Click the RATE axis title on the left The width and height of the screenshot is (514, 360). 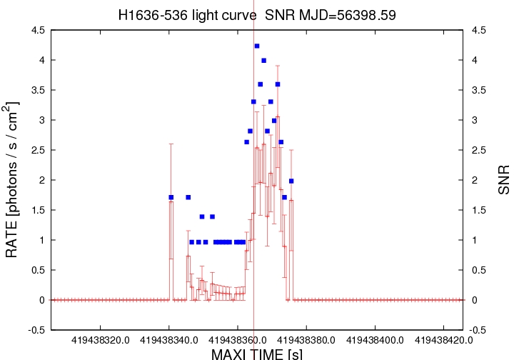13,179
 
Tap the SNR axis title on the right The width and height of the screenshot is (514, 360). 504,180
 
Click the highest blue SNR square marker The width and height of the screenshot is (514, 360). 257,46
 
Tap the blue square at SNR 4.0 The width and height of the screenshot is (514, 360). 263,61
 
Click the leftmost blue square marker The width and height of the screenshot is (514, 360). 171,197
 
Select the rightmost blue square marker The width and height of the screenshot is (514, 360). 291,181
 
